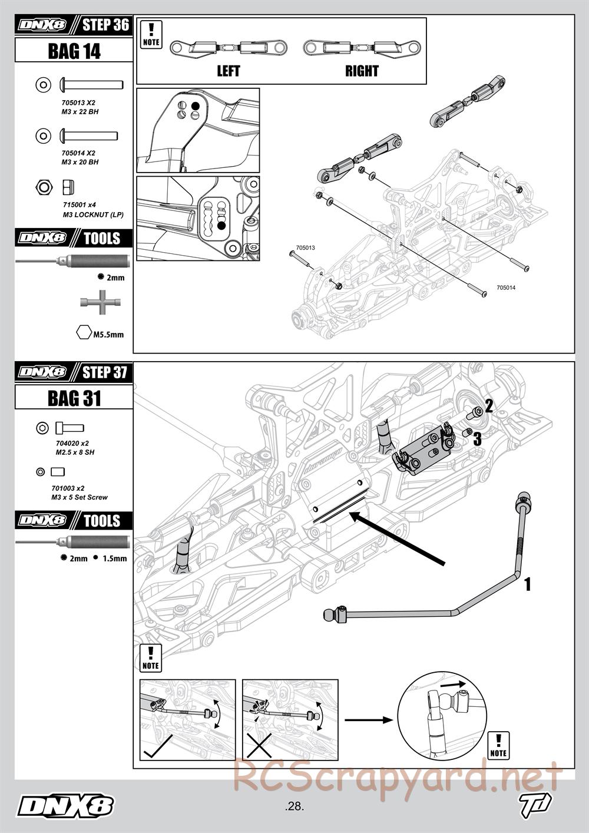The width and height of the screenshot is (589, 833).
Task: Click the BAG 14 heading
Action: pos(74,51)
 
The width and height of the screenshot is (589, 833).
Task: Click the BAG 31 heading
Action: pos(74,399)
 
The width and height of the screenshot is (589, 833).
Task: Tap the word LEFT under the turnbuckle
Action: pos(229,71)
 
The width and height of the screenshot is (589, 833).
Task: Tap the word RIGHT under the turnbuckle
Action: pos(362,71)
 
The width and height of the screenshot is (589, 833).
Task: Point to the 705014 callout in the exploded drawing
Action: pos(506,288)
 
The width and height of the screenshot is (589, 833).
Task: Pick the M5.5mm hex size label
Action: pos(108,335)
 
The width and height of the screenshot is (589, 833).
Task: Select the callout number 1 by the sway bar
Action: pos(528,584)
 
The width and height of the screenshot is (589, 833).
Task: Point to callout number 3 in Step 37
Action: pos(477,438)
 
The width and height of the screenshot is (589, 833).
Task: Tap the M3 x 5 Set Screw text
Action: pos(80,497)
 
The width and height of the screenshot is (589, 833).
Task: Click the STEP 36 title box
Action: pos(105,25)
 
